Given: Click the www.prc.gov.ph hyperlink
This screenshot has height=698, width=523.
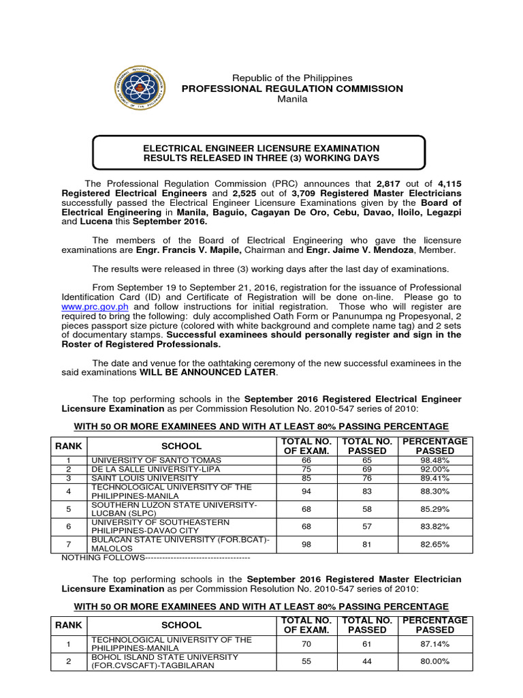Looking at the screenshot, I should click(89, 307).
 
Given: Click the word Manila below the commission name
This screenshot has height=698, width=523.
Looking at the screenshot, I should click(292, 100).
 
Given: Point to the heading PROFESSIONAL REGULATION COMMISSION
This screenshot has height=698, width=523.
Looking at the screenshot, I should click(291, 89).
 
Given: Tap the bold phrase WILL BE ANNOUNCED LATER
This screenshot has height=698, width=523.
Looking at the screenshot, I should click(209, 372).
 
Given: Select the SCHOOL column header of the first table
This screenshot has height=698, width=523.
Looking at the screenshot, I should click(181, 446).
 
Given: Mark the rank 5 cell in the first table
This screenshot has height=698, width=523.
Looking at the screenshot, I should click(68, 509).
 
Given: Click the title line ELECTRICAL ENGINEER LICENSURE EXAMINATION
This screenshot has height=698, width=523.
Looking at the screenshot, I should click(260, 148).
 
